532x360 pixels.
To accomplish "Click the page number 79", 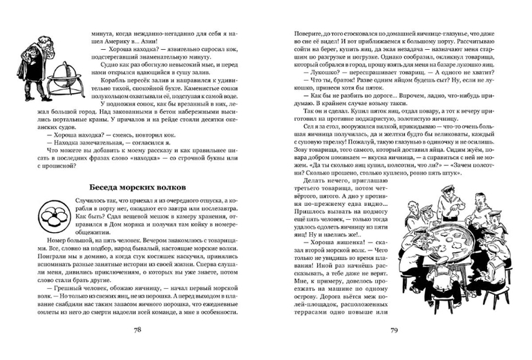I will (x=392, y=329).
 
